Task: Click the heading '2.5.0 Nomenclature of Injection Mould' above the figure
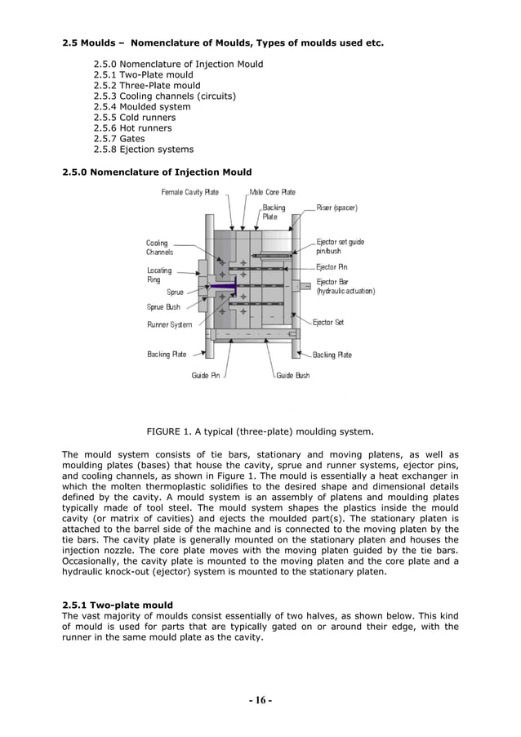pyautogui.click(x=158, y=172)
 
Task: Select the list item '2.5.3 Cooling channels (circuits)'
pyautogui.click(x=164, y=96)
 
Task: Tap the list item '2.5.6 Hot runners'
pyautogui.click(x=132, y=128)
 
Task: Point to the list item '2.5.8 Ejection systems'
pyautogui.click(x=143, y=150)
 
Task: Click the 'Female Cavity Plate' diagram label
pyautogui.click(x=189, y=192)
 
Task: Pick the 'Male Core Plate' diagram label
pyautogui.click(x=272, y=192)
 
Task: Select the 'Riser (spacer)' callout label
pyautogui.click(x=336, y=208)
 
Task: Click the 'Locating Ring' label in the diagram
pyautogui.click(x=159, y=275)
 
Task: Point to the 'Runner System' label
pyautogui.click(x=169, y=324)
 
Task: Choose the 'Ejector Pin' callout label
pyautogui.click(x=334, y=266)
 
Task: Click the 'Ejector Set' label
pyautogui.click(x=328, y=322)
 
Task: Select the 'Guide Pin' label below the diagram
pyautogui.click(x=205, y=375)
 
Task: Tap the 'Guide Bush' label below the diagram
pyautogui.click(x=292, y=375)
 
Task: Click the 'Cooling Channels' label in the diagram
pyautogui.click(x=159, y=248)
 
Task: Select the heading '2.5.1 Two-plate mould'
pyautogui.click(x=118, y=605)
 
